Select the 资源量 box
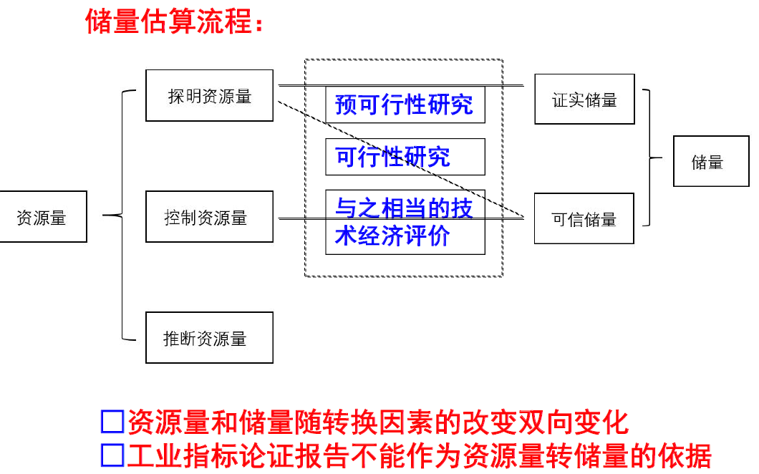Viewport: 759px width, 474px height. pyautogui.click(x=43, y=216)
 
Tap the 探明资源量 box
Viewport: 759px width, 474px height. pyautogui.click(x=209, y=95)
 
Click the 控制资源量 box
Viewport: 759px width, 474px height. pyautogui.click(x=209, y=216)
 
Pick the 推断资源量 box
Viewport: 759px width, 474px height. pyautogui.click(x=209, y=337)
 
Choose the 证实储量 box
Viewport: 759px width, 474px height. pyautogui.click(x=584, y=99)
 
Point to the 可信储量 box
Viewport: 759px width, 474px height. pyautogui.click(x=584, y=218)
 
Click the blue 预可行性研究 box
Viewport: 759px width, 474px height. pyautogui.click(x=405, y=105)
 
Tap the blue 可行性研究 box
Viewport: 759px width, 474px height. pyautogui.click(x=405, y=157)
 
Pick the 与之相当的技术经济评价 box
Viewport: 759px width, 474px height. pyautogui.click(x=405, y=222)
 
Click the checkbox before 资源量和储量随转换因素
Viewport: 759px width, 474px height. pyautogui.click(x=112, y=422)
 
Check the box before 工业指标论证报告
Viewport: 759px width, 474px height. pyautogui.click(x=112, y=455)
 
